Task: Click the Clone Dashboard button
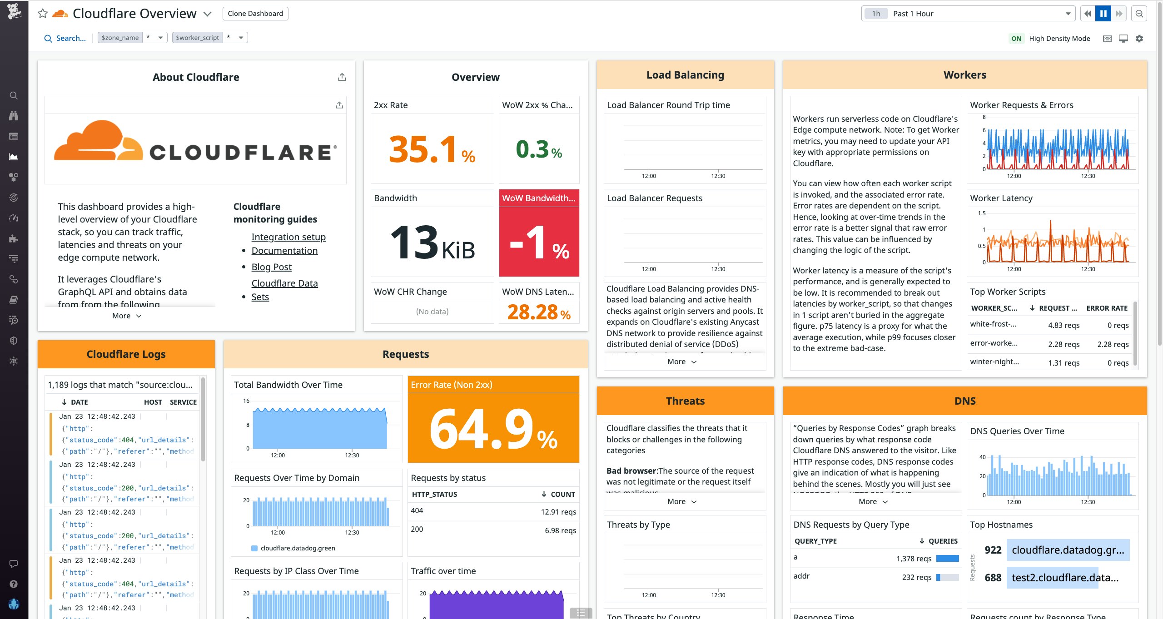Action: (255, 14)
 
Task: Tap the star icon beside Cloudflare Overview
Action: (43, 14)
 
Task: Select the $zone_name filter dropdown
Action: (132, 38)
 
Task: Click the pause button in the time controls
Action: (1103, 14)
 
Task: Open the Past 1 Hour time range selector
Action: (967, 14)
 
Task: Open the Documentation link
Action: (284, 251)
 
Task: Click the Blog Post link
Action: (271, 267)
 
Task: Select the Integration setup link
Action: (288, 237)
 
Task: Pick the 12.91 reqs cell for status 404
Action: (558, 512)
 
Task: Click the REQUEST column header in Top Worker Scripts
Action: (1057, 308)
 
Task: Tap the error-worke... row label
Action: (994, 343)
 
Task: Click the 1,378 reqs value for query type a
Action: (914, 559)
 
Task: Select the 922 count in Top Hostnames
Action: (993, 550)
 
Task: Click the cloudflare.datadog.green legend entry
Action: (297, 548)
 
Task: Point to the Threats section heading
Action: (685, 401)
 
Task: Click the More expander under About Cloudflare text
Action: (127, 316)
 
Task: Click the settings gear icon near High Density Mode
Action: (1139, 39)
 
